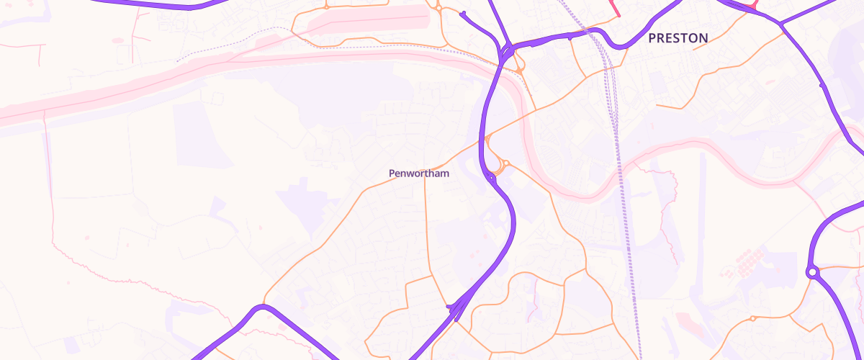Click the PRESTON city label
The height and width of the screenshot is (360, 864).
[678, 38]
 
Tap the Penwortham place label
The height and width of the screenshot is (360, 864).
[419, 174]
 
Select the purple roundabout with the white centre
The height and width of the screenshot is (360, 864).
[813, 272]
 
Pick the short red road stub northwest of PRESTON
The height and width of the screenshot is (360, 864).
[616, 9]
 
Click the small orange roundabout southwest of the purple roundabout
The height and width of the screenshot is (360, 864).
[752, 318]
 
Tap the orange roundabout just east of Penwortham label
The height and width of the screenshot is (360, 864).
[505, 163]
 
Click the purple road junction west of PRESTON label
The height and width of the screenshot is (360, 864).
[507, 50]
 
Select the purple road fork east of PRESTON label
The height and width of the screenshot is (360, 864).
[780, 24]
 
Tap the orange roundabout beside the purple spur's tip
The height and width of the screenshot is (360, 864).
[438, 8]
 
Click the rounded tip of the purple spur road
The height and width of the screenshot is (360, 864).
[463, 13]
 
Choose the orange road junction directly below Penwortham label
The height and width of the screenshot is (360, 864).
[425, 178]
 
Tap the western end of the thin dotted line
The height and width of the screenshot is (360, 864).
[177, 60]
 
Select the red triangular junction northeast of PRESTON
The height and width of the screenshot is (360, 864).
[752, 5]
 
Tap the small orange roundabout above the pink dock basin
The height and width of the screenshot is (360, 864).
[326, 6]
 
